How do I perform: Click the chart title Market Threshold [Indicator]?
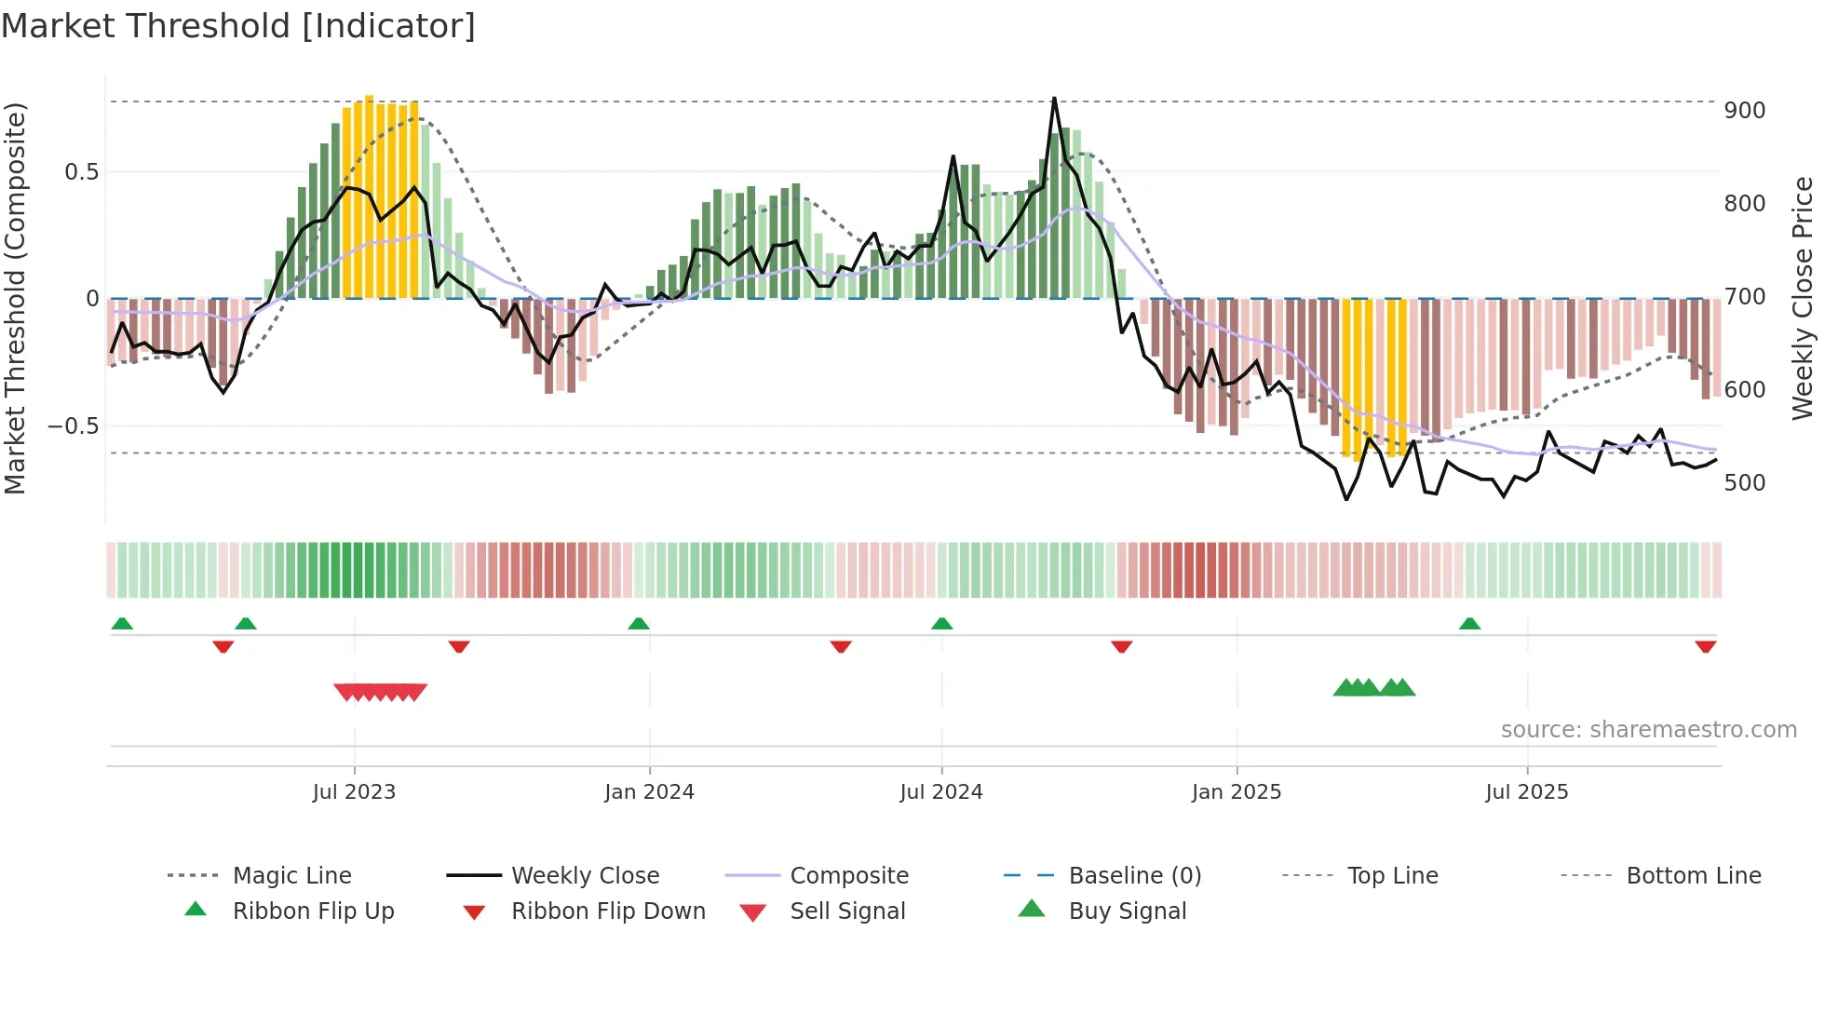pyautogui.click(x=238, y=26)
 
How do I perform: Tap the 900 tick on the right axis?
pyautogui.click(x=1744, y=111)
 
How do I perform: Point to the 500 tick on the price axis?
pyautogui.click(x=1744, y=483)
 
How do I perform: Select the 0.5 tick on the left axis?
pyautogui.click(x=81, y=172)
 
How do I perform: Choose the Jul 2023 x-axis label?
pyautogui.click(x=354, y=792)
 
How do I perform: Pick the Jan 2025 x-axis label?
pyautogui.click(x=1237, y=792)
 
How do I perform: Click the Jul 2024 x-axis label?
pyautogui.click(x=941, y=792)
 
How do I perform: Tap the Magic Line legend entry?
pyautogui.click(x=291, y=876)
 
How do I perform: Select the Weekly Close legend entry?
pyautogui.click(x=585, y=876)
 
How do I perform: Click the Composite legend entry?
pyautogui.click(x=849, y=876)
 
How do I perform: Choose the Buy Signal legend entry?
pyautogui.click(x=1127, y=911)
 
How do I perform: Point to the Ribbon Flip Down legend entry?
pyautogui.click(x=608, y=911)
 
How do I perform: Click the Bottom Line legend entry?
pyautogui.click(x=1693, y=876)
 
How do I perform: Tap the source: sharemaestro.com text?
pyautogui.click(x=1648, y=730)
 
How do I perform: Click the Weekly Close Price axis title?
pyautogui.click(x=1803, y=298)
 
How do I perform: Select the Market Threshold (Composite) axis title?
pyautogui.click(x=15, y=298)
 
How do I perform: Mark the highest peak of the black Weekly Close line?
pyautogui.click(x=1054, y=98)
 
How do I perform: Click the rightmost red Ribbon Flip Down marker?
pyautogui.click(x=1705, y=646)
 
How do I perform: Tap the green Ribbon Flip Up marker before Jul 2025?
pyautogui.click(x=1469, y=624)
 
